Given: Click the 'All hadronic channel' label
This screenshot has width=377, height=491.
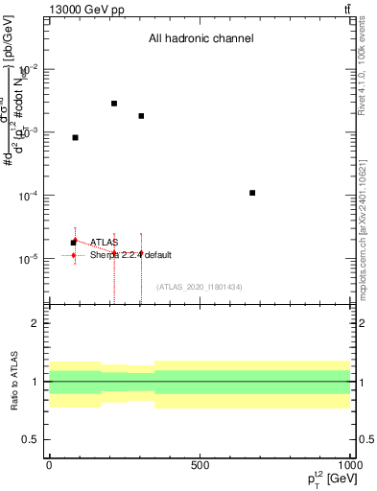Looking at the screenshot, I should click(x=200, y=39).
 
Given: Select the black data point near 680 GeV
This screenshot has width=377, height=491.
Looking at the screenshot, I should click(x=252, y=193).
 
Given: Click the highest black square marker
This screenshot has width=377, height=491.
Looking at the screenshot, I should click(x=114, y=104).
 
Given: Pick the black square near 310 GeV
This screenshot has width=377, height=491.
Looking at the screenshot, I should click(x=141, y=116).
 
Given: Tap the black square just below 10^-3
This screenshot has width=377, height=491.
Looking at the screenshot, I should click(x=76, y=138).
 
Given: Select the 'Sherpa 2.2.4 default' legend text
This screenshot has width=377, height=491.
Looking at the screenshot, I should click(x=130, y=255).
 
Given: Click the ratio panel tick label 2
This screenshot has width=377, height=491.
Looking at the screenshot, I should click(x=35, y=323).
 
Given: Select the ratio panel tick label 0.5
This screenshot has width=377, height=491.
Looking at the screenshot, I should click(x=32, y=439).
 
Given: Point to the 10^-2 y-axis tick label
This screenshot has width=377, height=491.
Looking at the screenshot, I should click(x=29, y=69).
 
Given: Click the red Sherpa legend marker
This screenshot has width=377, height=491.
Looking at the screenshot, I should click(x=74, y=255).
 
